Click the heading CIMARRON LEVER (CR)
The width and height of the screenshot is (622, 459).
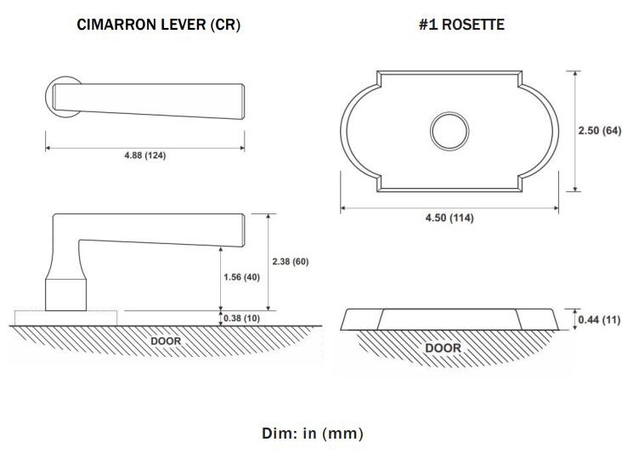158,25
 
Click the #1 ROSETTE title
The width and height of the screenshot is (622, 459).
461,25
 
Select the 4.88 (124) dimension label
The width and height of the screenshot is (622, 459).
145,156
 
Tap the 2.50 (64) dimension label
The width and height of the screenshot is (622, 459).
599,131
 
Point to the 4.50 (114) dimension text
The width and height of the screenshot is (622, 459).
450,218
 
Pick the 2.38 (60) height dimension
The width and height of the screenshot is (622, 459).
291,262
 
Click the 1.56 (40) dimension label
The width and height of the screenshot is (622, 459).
241,277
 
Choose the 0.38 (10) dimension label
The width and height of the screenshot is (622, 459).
241,318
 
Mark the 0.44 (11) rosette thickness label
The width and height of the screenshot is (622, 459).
599,320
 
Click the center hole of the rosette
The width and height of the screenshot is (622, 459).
450,131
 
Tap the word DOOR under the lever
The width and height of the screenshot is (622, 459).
166,341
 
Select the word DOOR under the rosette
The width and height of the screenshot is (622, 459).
443,348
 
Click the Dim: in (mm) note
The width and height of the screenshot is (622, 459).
312,433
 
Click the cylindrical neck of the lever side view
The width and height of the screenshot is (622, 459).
65,295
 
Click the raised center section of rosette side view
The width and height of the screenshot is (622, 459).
450,320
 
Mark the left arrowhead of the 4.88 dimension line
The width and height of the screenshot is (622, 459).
48,148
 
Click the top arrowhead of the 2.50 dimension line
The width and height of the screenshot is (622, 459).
574,74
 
